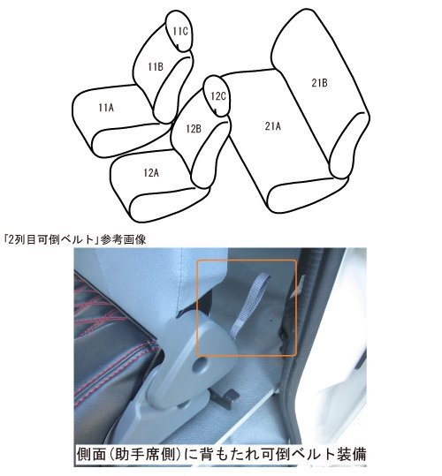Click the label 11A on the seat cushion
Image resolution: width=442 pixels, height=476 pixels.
105,107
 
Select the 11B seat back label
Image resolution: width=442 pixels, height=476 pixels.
155,66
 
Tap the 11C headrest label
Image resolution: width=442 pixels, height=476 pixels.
179,32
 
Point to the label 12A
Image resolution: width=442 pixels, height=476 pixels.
151,173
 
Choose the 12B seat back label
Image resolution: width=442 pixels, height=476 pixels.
194,129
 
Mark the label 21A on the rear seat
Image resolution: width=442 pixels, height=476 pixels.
272,126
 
